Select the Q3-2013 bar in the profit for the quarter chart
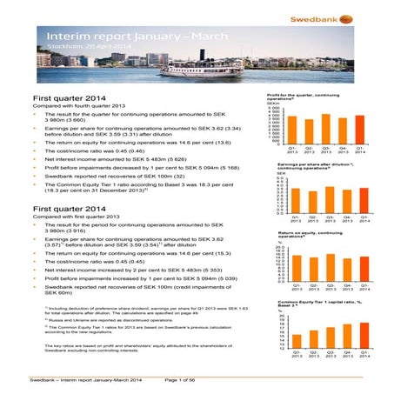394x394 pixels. tap(326, 130)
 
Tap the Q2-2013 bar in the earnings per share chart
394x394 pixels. tap(307, 200)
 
